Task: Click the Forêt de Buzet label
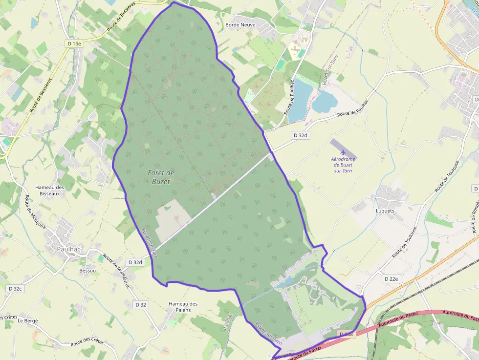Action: click(160, 177)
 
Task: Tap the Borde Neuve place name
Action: click(240, 24)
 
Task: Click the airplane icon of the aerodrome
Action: click(343, 152)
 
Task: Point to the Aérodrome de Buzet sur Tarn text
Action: click(343, 165)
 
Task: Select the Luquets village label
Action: click(385, 211)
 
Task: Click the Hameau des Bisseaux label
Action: click(50, 191)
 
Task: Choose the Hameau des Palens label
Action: click(183, 307)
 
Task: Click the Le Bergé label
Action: click(27, 321)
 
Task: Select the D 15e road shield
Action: click(75, 44)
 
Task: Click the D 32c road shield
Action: click(15, 289)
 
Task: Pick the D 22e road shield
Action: click(391, 279)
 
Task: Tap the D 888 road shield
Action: click(346, 334)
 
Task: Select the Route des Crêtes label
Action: click(87, 341)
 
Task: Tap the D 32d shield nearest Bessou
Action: click(135, 262)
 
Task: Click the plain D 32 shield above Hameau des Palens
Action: click(140, 305)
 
